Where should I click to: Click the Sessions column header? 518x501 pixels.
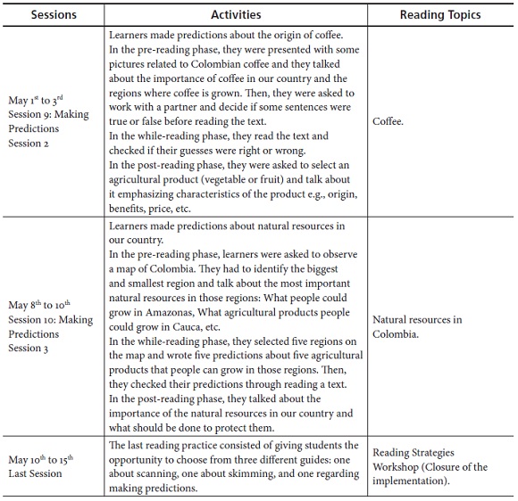(x=54, y=14)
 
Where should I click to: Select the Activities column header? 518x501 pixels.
(x=236, y=14)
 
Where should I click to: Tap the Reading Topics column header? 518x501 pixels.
(x=440, y=14)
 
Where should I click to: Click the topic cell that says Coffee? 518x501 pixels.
(x=388, y=121)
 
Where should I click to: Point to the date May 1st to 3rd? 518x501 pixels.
(x=37, y=101)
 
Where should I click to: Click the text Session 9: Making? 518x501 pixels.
(x=49, y=115)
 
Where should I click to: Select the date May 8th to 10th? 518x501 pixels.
(x=39, y=306)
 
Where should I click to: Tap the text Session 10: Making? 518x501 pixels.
(x=51, y=320)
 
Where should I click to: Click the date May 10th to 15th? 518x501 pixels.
(x=41, y=459)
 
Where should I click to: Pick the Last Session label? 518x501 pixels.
(x=36, y=473)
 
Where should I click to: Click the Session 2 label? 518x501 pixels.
(x=32, y=143)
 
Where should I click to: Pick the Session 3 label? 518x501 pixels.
(x=32, y=348)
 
